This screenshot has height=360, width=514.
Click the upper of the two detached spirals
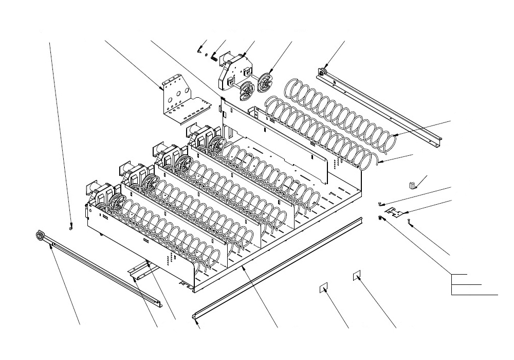coord(339,113)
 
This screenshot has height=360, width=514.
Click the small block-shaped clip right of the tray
coord(412,185)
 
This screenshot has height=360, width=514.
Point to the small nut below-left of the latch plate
coord(379,218)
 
